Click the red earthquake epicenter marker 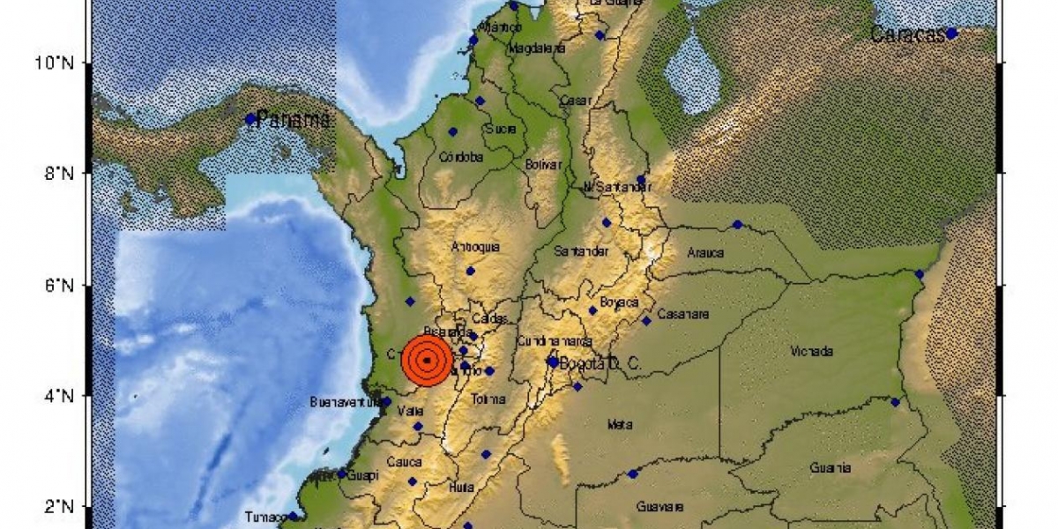(427, 360)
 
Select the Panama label (292, 119)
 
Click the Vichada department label (812, 352)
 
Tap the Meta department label (620, 425)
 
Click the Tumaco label (265, 517)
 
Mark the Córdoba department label (461, 158)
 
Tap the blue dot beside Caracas (952, 34)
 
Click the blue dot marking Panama (250, 119)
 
